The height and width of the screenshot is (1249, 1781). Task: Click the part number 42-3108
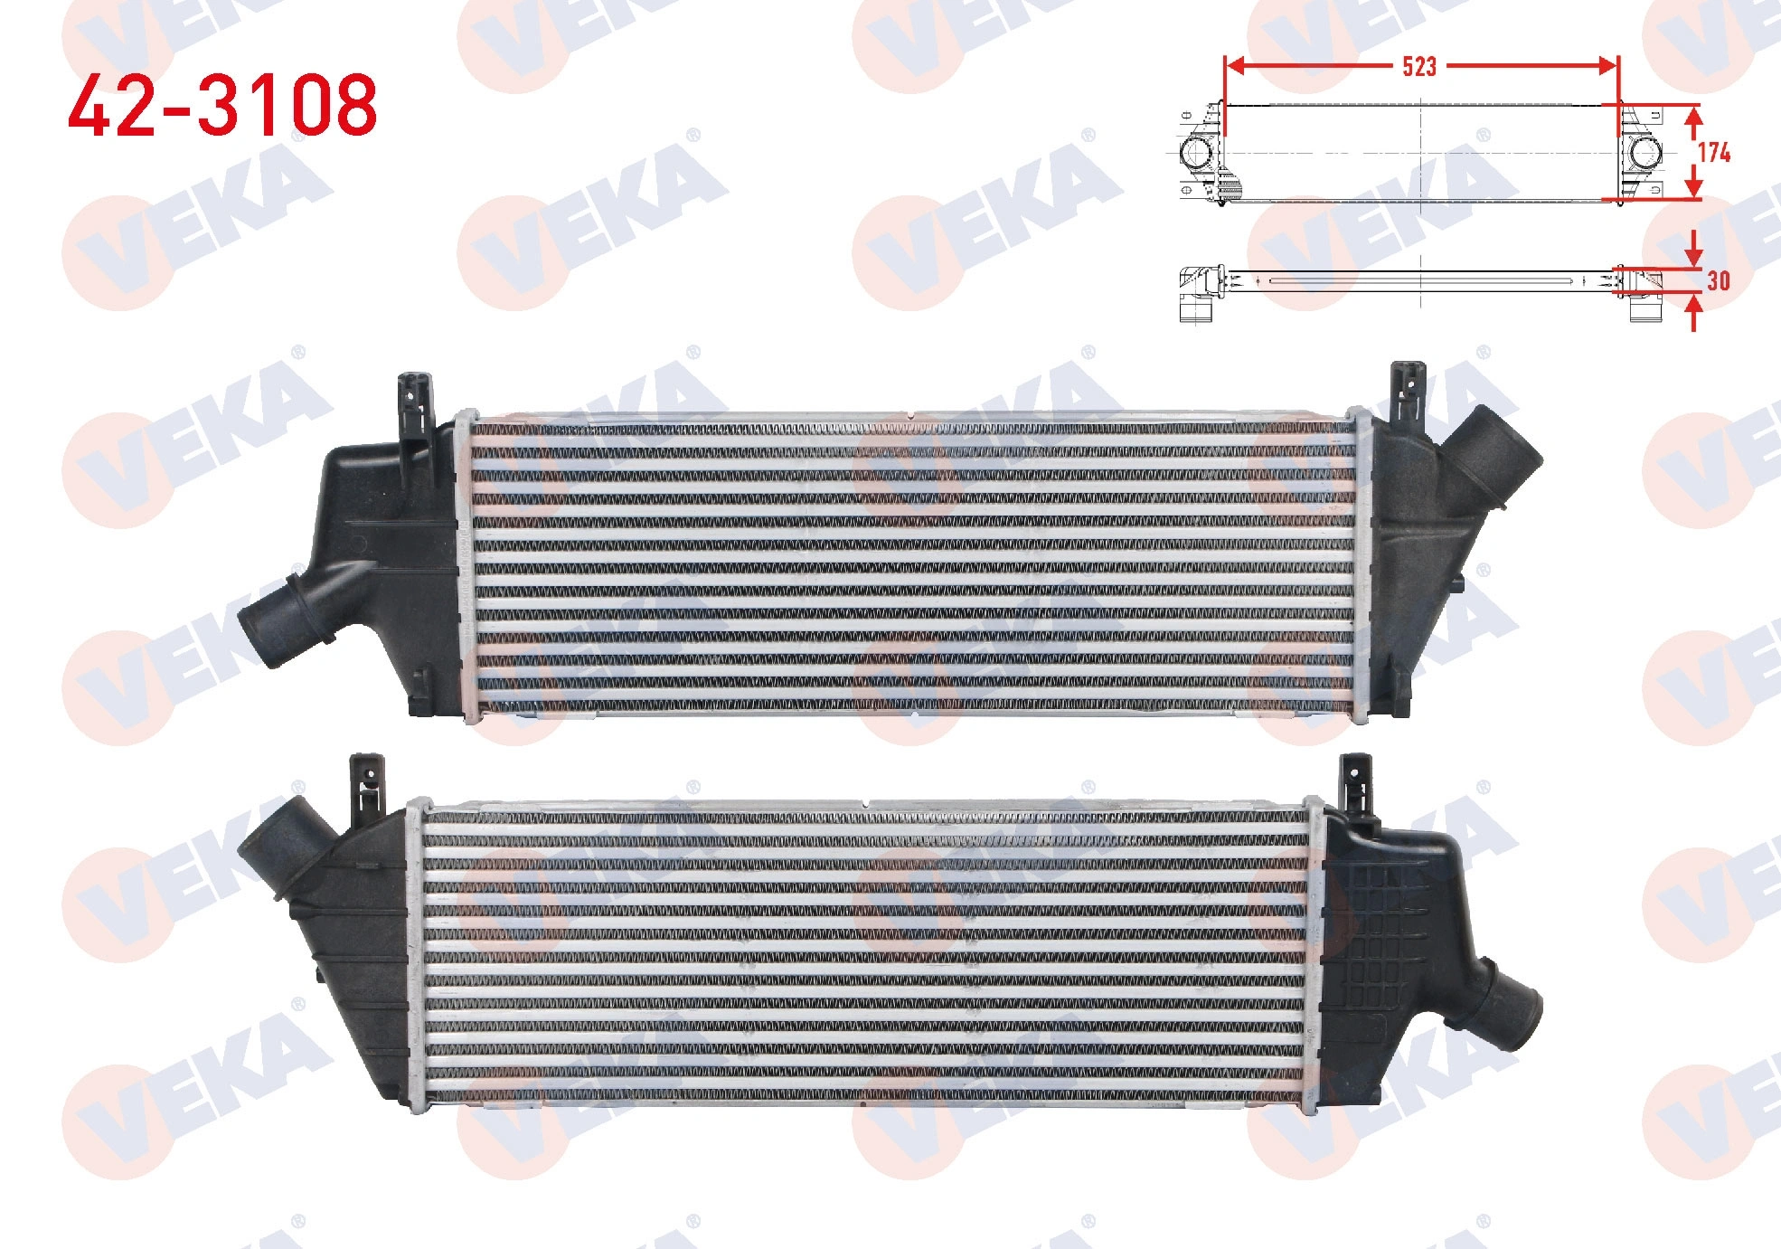tap(222, 106)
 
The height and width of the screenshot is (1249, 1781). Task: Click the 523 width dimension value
tap(1418, 66)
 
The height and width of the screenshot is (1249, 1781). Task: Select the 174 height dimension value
tap(1714, 153)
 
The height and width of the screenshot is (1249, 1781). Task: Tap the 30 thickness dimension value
tap(1718, 281)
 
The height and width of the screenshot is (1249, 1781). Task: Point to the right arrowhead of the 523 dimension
tap(1607, 65)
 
